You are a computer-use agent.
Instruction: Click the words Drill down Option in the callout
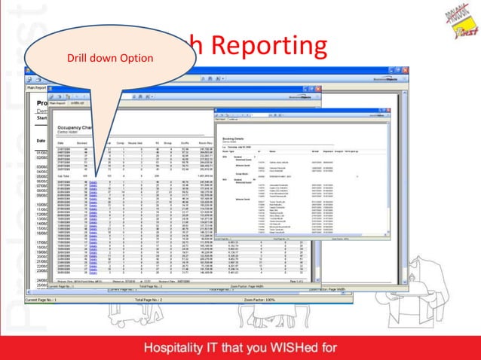click(x=110, y=58)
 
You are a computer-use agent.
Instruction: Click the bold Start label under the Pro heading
click(x=42, y=117)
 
